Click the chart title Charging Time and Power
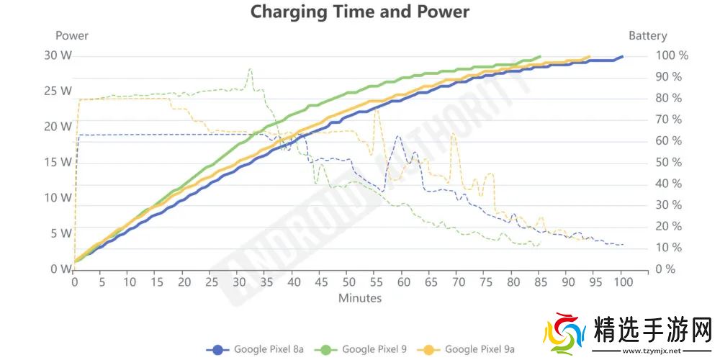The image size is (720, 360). coord(359,12)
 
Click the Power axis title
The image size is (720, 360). coord(72,35)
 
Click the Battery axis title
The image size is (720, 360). coord(647,35)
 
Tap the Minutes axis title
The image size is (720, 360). coord(360,297)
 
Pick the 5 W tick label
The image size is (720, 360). coord(60,233)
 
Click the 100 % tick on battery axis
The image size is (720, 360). coord(670,55)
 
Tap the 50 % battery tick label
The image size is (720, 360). coord(667,162)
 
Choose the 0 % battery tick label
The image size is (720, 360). coord(665,269)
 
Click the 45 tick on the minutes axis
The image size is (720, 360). coord(321,282)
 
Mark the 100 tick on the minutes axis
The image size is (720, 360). coord(622,282)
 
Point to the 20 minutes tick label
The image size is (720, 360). coord(184,282)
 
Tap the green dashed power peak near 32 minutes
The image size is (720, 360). coord(250,70)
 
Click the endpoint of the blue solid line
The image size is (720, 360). coord(622,56)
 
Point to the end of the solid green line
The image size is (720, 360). coord(540,56)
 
